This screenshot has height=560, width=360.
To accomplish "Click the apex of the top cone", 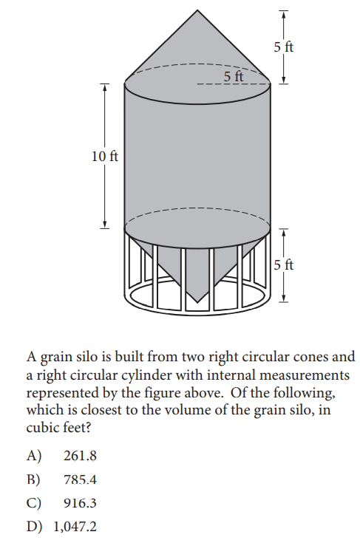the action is (x=197, y=10).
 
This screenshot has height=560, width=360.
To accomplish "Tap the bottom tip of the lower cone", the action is (x=197, y=302).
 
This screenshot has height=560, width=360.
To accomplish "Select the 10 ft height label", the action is (x=105, y=157).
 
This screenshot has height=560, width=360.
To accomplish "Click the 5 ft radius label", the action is (x=234, y=76).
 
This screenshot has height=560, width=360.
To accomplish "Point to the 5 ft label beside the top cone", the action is (x=284, y=47).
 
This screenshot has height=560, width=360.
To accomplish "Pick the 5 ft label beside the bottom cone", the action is (x=284, y=265).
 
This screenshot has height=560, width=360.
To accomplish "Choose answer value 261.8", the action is (x=80, y=456).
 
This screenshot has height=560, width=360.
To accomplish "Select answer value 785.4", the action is (x=80, y=479).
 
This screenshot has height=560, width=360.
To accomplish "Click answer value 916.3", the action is (x=80, y=503).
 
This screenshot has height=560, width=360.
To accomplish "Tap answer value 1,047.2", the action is (x=75, y=527).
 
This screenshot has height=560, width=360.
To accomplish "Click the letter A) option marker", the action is (x=34, y=456).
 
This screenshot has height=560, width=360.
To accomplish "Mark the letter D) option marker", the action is (x=34, y=527).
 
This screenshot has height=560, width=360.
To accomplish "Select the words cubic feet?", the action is (x=58, y=427).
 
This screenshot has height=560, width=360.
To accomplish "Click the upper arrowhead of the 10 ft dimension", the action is (x=104, y=88).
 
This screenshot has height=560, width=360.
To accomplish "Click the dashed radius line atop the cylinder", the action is (x=234, y=85).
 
